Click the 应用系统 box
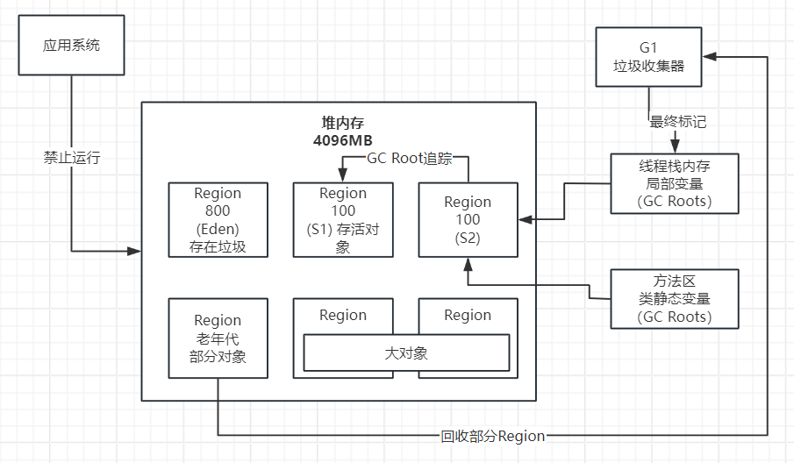click(71, 45)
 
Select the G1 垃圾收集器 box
click(648, 56)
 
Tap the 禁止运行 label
click(72, 158)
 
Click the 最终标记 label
click(678, 122)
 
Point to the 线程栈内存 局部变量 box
click(675, 183)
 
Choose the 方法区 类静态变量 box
click(675, 299)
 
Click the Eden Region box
click(218, 219)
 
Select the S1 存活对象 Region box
click(343, 219)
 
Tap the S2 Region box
click(468, 219)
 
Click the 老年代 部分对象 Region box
click(218, 338)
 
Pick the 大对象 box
click(406, 353)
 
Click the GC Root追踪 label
click(409, 158)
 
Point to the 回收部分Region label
click(492, 436)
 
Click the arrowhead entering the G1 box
click(709, 56)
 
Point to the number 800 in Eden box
click(218, 210)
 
